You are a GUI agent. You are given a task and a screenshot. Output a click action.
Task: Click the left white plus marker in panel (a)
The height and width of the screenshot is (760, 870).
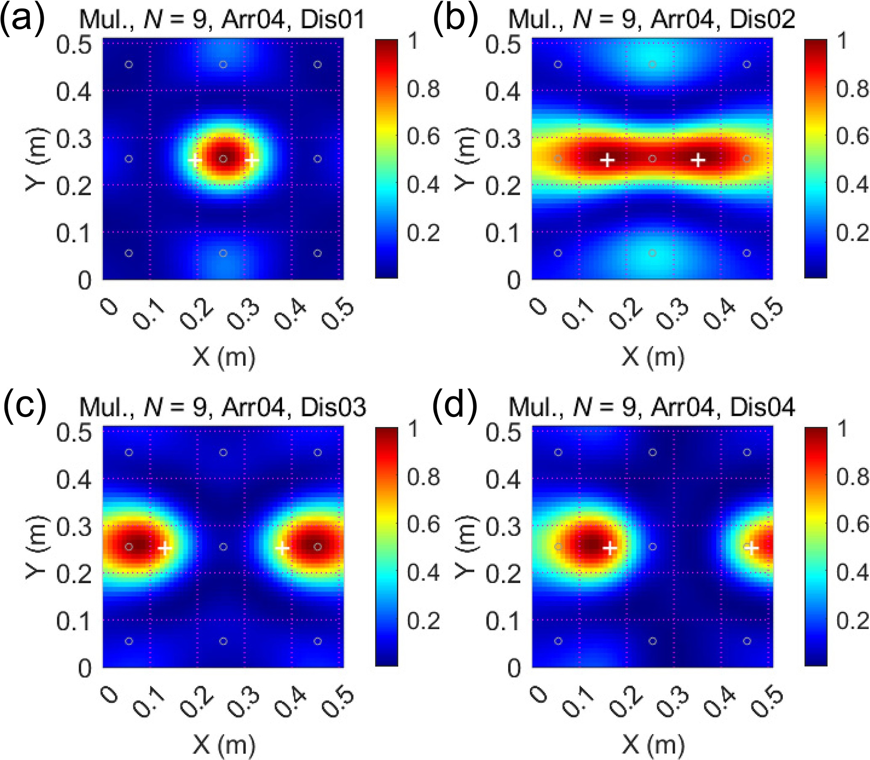tap(195, 160)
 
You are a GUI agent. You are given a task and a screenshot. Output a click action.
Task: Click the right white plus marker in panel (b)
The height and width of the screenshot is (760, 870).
tap(698, 160)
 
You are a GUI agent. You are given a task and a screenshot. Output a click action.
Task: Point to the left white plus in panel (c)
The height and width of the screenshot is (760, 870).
tap(165, 548)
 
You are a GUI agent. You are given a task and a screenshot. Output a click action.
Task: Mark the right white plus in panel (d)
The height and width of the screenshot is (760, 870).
tap(751, 549)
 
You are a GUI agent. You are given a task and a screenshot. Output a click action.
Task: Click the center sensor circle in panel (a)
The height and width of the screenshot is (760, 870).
tap(223, 159)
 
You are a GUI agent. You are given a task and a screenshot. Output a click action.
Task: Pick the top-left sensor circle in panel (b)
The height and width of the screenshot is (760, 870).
tap(558, 64)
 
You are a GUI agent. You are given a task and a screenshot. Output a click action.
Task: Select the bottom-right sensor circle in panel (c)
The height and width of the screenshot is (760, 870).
tap(318, 641)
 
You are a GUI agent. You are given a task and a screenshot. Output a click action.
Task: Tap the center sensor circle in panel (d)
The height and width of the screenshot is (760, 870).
tap(653, 547)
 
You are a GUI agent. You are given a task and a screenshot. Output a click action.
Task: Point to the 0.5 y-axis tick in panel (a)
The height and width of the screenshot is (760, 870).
tap(74, 44)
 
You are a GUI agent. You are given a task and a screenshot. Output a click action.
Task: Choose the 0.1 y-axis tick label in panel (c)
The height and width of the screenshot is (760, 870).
tap(74, 622)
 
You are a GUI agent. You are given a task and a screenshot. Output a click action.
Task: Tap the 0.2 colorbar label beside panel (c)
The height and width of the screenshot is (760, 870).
tap(423, 621)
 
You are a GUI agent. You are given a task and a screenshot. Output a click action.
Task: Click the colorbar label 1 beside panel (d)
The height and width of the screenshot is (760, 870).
tap(842, 429)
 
